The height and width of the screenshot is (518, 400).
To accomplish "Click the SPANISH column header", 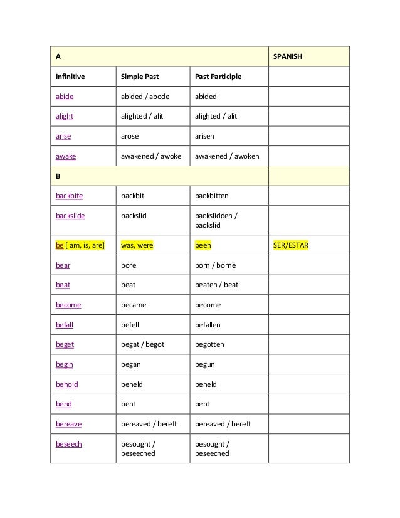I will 287,56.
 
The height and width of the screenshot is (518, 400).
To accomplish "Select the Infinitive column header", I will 70,77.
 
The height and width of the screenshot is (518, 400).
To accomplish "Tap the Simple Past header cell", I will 139,77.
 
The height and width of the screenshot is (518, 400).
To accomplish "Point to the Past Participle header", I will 218,77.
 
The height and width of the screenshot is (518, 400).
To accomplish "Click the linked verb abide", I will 65,97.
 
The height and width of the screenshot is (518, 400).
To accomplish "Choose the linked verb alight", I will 65,116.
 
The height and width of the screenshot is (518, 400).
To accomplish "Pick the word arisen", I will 206,135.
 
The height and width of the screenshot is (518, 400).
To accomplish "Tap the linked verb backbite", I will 69,196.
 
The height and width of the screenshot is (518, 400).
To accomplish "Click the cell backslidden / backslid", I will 216,220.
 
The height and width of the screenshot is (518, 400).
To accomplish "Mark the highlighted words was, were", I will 137,245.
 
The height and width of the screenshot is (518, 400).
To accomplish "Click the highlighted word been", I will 203,245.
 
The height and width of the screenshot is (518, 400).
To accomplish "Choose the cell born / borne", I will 215,265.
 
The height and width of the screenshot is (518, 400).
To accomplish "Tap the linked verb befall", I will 65,325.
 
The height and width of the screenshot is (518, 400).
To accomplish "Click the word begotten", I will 209,344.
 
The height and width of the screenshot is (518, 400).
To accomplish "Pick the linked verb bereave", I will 69,424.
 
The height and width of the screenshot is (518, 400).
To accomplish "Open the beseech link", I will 69,443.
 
